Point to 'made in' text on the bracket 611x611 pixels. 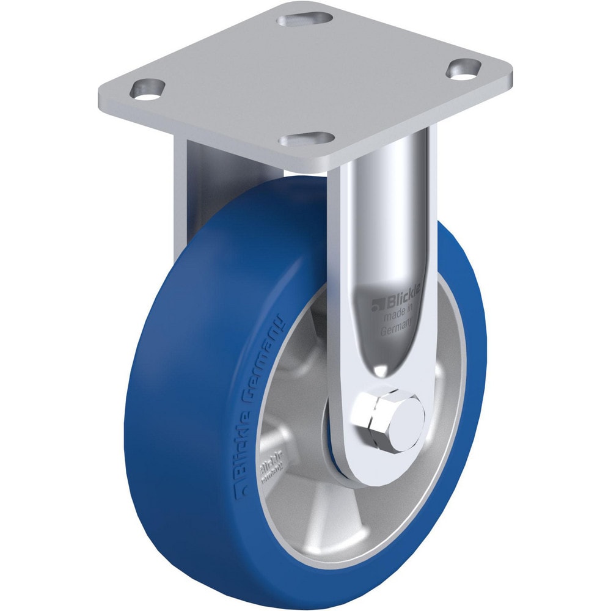tap(398, 316)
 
